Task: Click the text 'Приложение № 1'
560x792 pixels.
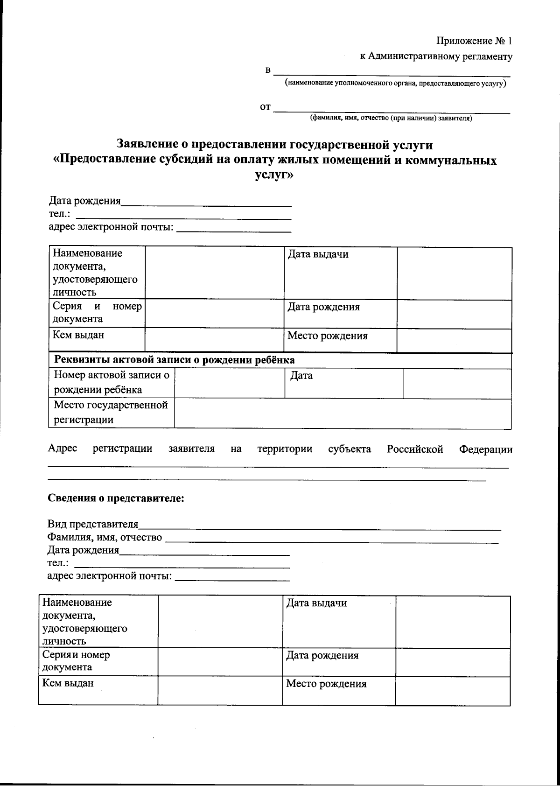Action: click(x=474, y=41)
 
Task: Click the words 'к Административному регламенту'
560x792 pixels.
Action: click(x=436, y=57)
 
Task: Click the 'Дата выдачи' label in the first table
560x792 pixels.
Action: click(x=318, y=255)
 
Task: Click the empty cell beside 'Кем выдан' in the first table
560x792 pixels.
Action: click(x=214, y=340)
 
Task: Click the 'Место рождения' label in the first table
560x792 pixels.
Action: click(x=327, y=336)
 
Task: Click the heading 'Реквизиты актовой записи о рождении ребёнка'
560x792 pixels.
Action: click(x=175, y=360)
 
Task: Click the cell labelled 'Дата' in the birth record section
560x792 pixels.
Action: click(x=301, y=376)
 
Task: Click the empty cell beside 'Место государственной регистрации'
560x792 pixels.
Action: click(x=343, y=413)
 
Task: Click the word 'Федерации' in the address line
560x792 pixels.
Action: click(x=485, y=449)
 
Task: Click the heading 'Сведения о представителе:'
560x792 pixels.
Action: click(x=116, y=498)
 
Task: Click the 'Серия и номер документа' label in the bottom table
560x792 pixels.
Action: click(x=76, y=661)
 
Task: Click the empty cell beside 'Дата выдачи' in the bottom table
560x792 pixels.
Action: click(x=453, y=622)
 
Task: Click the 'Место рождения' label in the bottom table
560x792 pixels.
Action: click(x=326, y=684)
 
